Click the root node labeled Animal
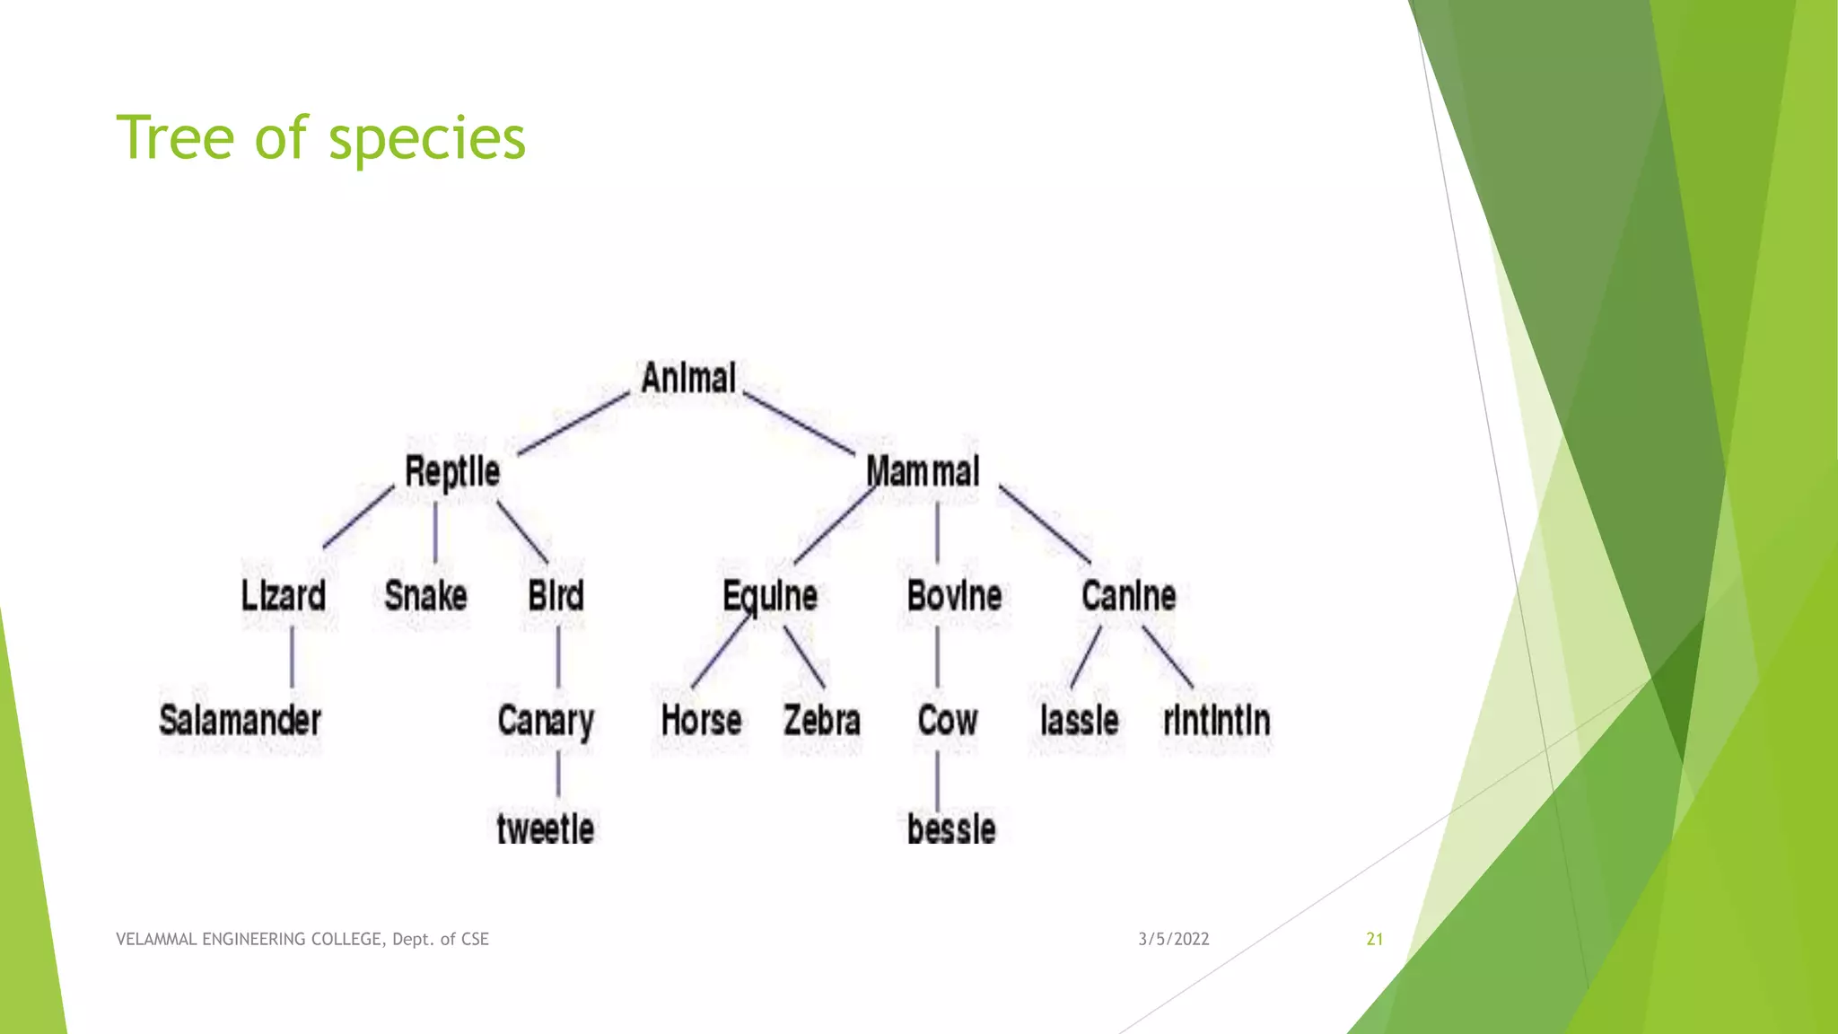click(688, 378)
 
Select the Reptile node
click(451, 472)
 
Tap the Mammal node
click(923, 472)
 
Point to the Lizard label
click(283, 596)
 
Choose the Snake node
click(425, 596)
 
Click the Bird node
click(556, 596)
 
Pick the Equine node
click(770, 596)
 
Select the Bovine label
click(954, 596)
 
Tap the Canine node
click(1128, 596)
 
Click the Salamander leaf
click(240, 721)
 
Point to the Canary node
click(546, 721)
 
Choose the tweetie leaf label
click(545, 828)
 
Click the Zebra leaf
click(821, 721)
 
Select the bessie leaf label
click(951, 828)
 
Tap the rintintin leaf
click(1216, 721)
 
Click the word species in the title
click(426, 138)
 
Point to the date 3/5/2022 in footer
click(1173, 939)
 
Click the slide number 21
click(1374, 939)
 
